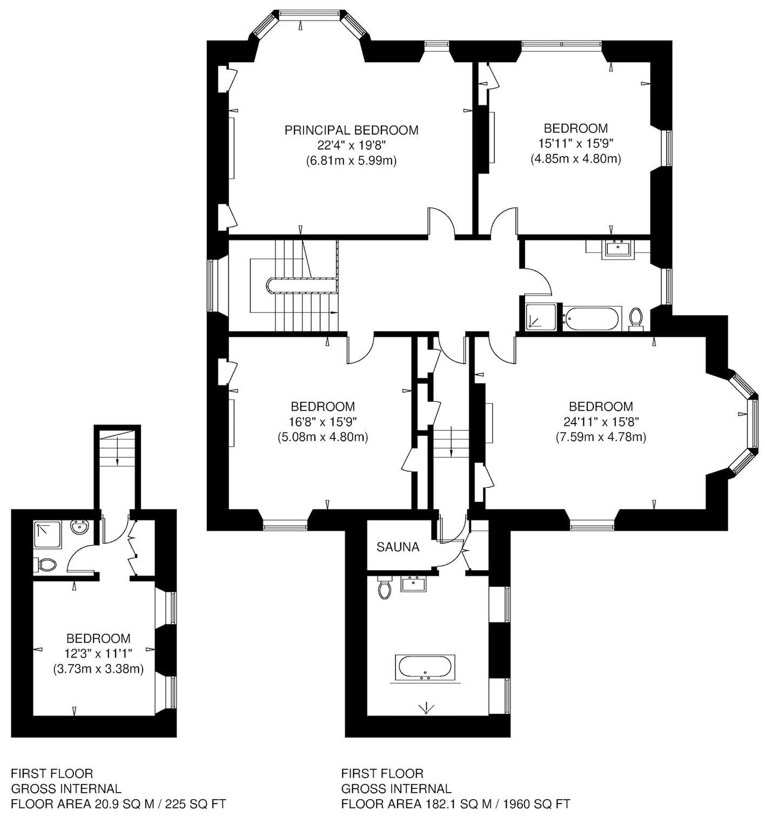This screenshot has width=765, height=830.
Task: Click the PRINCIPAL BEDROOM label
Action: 351,130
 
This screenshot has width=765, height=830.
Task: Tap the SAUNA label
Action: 398,547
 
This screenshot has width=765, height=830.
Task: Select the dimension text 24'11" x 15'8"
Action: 601,421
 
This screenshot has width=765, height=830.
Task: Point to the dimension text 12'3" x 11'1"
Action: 98,654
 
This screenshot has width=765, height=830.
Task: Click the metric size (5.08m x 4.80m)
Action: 323,437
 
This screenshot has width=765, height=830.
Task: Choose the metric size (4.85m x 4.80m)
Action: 575,159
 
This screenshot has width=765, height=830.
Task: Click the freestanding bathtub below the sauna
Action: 426,667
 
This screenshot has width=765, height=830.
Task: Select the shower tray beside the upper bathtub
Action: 541,317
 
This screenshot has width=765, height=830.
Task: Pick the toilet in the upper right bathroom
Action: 636,318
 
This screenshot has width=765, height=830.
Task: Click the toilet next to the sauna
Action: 385,589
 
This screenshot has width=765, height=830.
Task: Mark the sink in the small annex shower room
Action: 80,527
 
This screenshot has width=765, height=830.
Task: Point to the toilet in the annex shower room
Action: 46,565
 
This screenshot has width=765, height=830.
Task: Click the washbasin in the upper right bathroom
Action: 619,249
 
